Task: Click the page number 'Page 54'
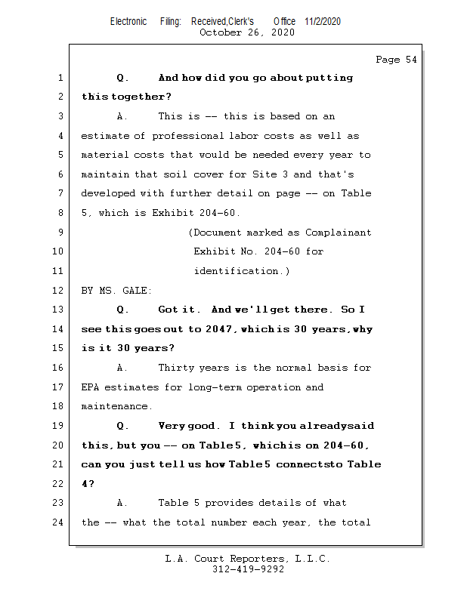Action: [x=396, y=60]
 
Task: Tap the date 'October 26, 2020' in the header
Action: [x=247, y=32]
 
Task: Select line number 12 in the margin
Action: [x=60, y=291]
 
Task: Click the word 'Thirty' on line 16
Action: [x=176, y=368]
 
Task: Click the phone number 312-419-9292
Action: [x=249, y=569]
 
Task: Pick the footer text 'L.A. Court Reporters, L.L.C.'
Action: [x=248, y=559]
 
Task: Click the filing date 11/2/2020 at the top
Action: [x=323, y=21]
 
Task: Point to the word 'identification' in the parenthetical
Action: [x=238, y=271]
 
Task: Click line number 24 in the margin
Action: [x=60, y=522]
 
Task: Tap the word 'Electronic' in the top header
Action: [x=128, y=21]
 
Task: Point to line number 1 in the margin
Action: [x=60, y=78]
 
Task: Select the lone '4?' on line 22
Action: [x=87, y=484]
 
